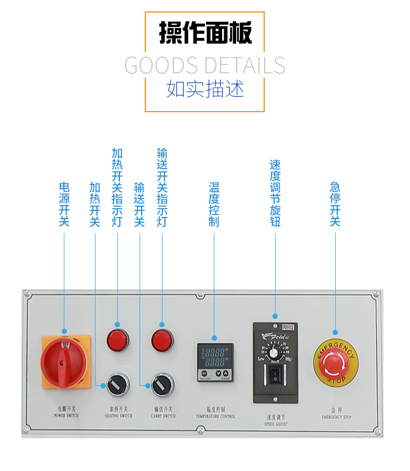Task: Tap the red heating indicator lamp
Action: tap(117, 340)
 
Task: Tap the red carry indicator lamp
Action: tap(162, 340)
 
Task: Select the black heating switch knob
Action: tap(117, 385)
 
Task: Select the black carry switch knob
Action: tap(162, 385)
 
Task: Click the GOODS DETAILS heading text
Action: tap(205, 65)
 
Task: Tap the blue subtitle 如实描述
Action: tap(205, 89)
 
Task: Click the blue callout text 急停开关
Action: tap(335, 204)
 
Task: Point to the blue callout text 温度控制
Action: tap(214, 204)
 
